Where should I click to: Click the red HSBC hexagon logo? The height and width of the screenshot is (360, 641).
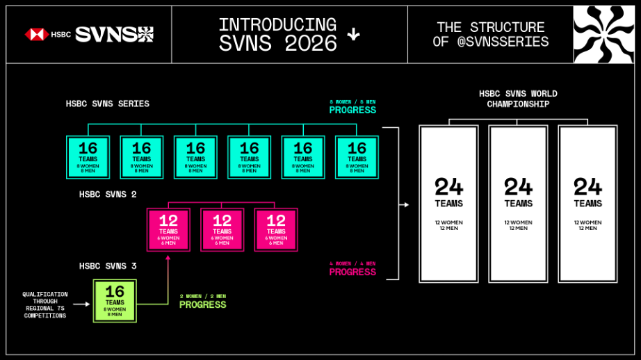36,34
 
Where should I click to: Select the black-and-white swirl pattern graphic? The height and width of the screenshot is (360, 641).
603,35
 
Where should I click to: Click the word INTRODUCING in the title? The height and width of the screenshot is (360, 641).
277,25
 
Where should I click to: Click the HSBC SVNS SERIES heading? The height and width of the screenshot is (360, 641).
108,104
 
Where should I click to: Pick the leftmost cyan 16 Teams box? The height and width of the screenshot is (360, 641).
88,157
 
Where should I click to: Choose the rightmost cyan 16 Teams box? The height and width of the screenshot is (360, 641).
357,157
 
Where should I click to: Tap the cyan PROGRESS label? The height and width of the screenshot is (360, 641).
352,111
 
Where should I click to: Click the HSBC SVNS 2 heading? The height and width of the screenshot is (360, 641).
108,195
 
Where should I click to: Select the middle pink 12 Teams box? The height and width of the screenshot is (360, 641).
222,229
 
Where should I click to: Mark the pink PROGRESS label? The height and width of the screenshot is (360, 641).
352,272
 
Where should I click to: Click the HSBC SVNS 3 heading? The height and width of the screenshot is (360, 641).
108,265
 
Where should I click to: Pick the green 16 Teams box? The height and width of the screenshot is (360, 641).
115,300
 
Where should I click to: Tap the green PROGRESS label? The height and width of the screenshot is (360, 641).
202,305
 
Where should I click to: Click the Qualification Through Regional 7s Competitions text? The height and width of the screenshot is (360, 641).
45,304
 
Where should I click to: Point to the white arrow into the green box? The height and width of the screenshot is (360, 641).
81,304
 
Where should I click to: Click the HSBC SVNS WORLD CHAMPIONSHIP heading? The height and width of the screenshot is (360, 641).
518,99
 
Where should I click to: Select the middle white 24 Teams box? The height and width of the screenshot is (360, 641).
518,204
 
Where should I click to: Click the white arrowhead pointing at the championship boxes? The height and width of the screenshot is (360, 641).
405,204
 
